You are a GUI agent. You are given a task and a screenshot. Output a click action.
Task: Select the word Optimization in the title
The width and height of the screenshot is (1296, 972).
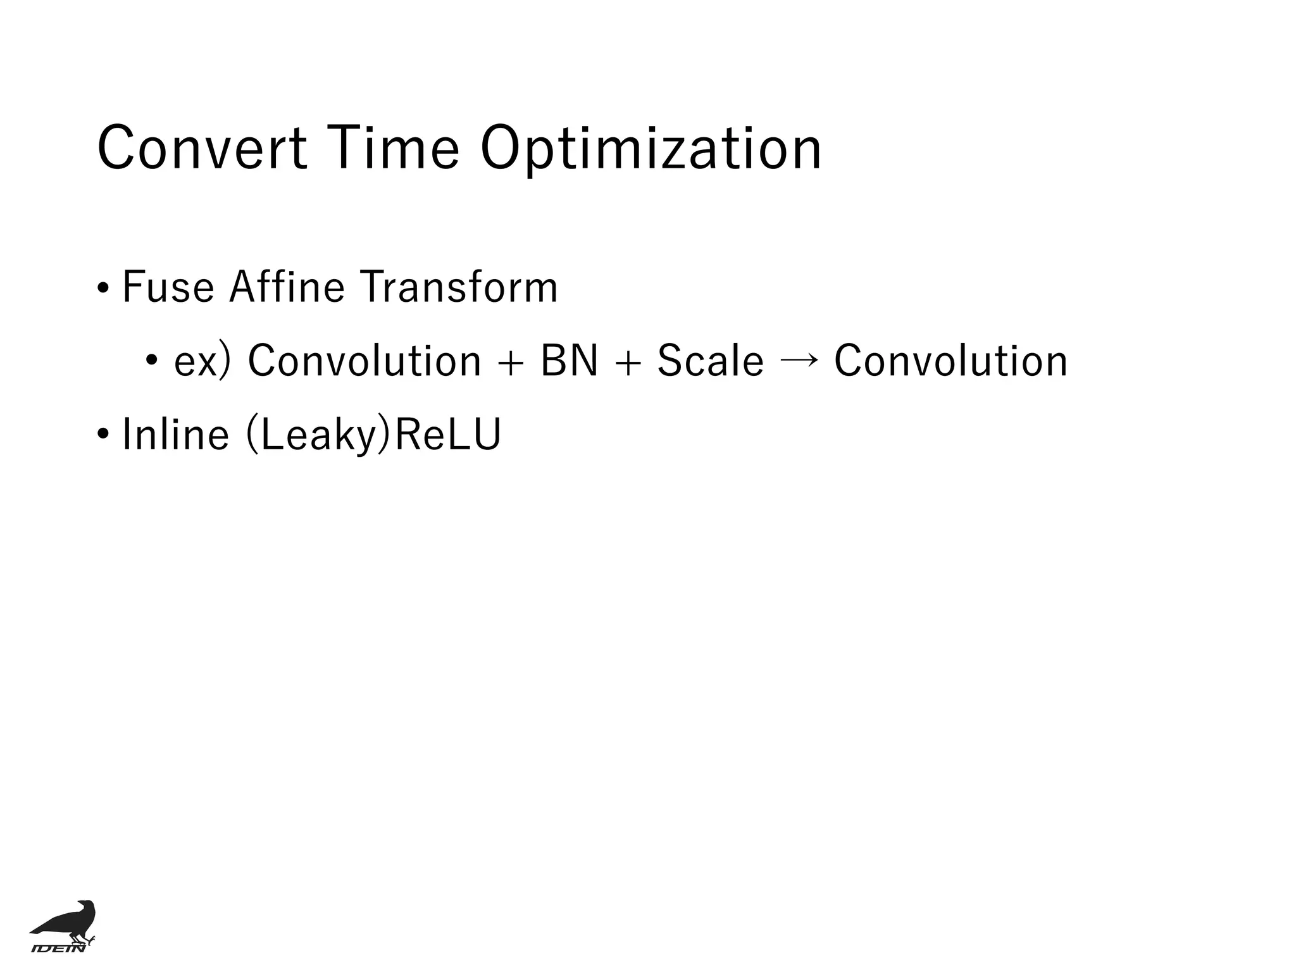651,150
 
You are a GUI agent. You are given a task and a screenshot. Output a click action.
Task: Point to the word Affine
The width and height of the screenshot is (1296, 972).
287,287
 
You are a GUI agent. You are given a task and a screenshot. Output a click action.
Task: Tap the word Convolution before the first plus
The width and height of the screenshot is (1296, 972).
364,361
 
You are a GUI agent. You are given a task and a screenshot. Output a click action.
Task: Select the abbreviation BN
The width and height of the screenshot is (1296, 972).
569,361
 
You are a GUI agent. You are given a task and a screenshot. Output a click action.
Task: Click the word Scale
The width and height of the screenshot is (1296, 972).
710,361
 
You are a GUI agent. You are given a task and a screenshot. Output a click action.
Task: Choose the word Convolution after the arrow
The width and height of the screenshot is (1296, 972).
950,361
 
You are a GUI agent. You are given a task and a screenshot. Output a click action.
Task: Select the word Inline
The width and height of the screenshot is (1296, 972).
175,435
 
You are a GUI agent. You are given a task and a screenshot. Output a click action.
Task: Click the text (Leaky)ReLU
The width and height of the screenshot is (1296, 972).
373,436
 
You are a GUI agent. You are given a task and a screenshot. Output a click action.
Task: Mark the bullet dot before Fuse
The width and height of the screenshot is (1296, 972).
103,289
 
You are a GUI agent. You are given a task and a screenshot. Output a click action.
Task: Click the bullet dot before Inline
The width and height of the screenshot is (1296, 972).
103,436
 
